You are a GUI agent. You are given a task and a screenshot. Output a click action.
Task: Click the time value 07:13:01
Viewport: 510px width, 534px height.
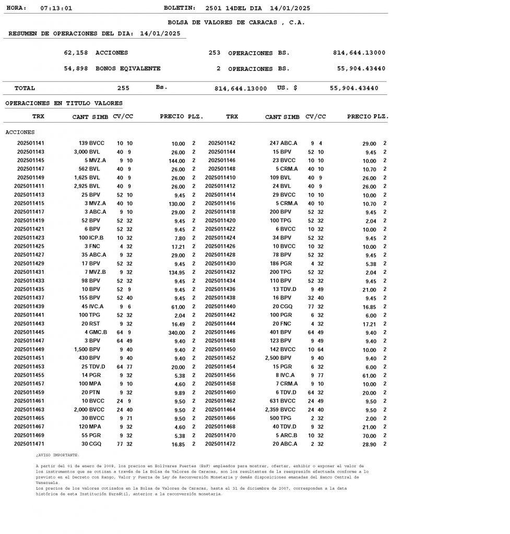pos(56,8)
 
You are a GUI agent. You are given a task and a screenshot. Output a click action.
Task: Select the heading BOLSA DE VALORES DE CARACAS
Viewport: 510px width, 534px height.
pos(236,22)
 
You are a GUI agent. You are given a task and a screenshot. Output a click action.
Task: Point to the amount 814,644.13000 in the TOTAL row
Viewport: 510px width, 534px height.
pos(241,89)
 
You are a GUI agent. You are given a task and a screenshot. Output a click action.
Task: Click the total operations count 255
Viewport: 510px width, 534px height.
pos(123,88)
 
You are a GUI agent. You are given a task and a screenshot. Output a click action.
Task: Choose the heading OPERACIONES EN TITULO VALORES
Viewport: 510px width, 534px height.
pos(64,103)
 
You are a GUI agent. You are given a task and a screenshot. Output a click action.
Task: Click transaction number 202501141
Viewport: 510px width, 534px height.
pos(31,143)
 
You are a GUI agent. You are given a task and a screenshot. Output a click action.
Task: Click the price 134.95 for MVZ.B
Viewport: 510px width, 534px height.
pos(176,272)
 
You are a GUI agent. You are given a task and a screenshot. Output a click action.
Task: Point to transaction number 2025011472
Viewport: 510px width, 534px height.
pos(220,444)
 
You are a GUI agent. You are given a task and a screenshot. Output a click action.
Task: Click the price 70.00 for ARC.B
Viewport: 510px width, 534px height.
pos(369,435)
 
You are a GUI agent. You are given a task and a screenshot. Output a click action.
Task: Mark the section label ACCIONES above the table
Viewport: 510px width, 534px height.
pos(20,132)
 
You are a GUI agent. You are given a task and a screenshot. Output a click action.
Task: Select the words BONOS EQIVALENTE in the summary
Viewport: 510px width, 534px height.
pos(128,68)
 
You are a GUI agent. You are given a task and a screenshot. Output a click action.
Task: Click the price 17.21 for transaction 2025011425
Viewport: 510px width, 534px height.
pos(178,246)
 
